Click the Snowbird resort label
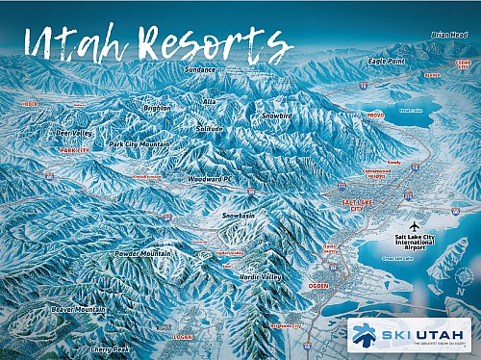pos(279,116)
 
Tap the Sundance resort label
pos(200,70)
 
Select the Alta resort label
pos(208,100)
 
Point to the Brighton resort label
pos(156,109)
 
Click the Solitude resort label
pos(209,129)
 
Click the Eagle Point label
pos(387,61)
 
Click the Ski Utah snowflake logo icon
pos(364,335)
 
